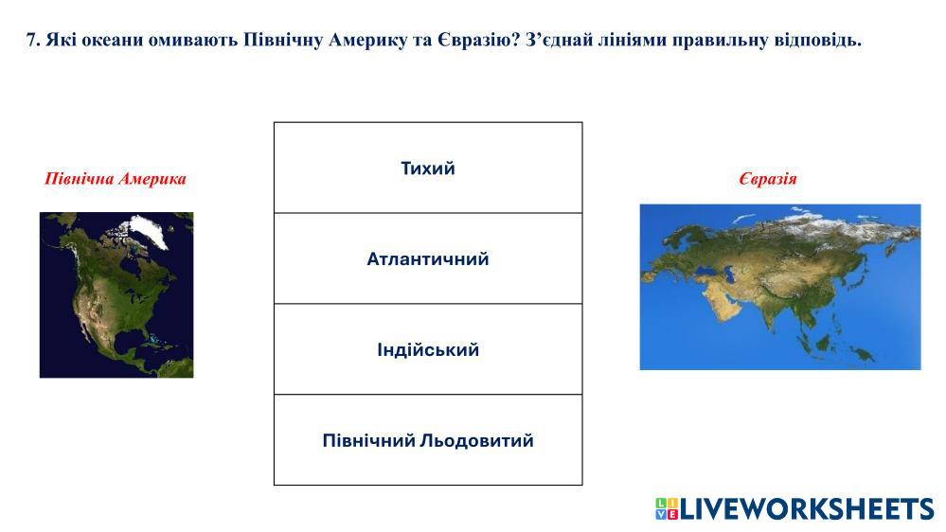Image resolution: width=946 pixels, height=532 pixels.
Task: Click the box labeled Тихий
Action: [428, 168]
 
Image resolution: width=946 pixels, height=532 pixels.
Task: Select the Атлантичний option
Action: [428, 258]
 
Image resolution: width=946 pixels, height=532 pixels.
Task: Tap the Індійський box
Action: [428, 350]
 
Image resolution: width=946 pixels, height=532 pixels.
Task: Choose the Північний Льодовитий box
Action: [428, 440]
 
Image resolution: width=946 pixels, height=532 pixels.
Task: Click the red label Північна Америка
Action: [116, 179]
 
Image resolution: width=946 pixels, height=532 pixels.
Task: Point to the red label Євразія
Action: [767, 179]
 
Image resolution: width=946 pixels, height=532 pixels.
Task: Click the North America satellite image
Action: [116, 295]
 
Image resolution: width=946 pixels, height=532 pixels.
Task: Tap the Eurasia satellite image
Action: [780, 287]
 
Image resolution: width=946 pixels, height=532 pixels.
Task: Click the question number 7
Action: [32, 41]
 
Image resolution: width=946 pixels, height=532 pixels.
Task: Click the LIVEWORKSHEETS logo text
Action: [807, 509]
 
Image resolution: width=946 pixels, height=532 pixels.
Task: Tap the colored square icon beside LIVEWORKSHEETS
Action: [667, 509]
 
